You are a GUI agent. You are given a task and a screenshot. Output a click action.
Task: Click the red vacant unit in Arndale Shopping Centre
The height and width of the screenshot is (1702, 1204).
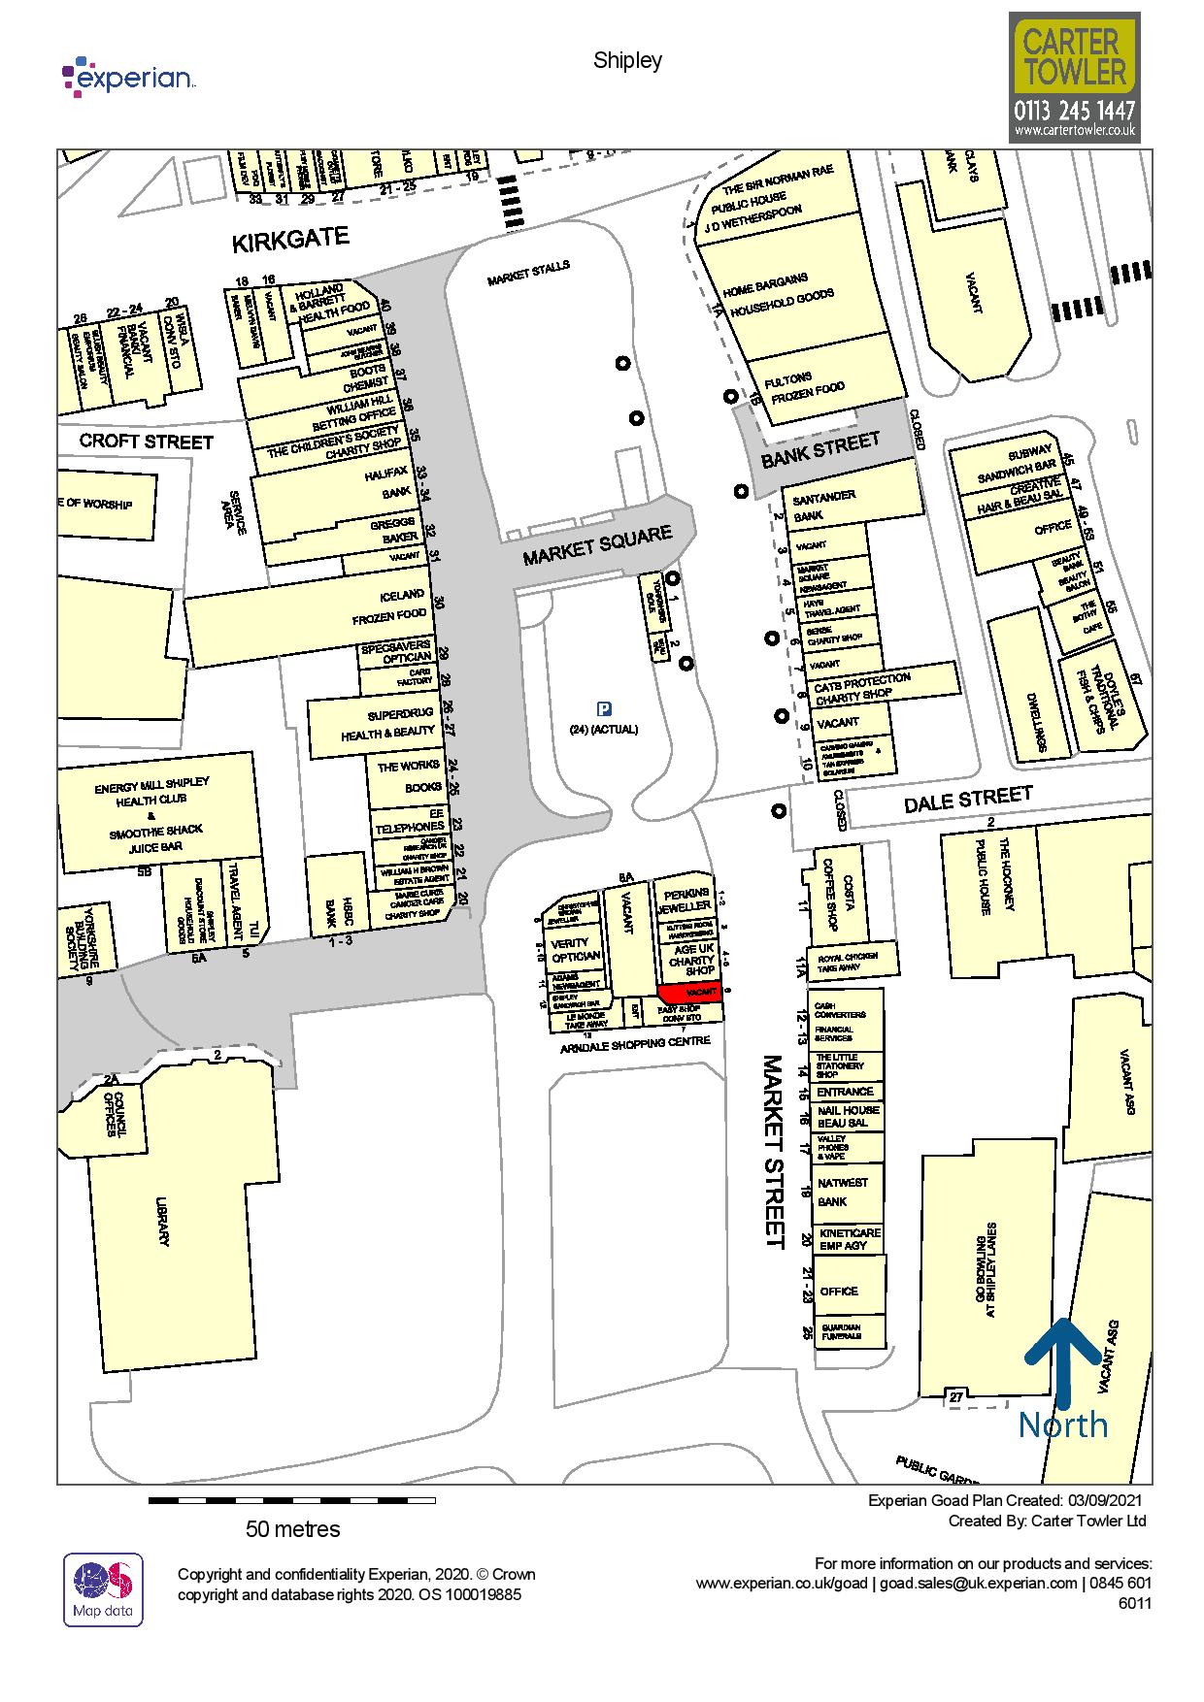[x=690, y=993]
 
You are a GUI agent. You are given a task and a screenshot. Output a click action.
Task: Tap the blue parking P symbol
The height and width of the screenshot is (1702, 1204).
[x=604, y=708]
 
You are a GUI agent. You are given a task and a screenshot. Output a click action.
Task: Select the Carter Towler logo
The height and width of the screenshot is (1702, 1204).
[x=1074, y=78]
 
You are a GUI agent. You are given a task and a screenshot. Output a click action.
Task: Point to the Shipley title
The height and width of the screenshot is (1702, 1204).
[x=627, y=60]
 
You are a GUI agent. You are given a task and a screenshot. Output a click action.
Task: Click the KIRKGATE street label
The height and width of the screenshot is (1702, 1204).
[x=289, y=240]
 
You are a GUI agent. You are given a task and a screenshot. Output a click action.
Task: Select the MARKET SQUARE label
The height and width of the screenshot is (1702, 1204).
[x=597, y=546]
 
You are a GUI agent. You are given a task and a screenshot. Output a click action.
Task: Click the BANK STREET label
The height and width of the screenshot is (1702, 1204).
[x=820, y=449]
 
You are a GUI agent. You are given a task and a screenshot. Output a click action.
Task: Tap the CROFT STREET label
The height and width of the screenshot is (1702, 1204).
[x=146, y=442]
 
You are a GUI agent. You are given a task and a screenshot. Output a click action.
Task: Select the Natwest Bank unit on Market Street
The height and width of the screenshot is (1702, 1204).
[x=844, y=1192]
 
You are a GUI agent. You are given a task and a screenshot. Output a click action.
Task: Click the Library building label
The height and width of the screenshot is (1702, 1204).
[x=160, y=1223]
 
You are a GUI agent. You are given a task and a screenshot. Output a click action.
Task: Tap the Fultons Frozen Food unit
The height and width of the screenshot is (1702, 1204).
[x=818, y=383]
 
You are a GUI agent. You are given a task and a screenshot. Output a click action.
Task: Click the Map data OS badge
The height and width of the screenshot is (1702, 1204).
[x=103, y=1589]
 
